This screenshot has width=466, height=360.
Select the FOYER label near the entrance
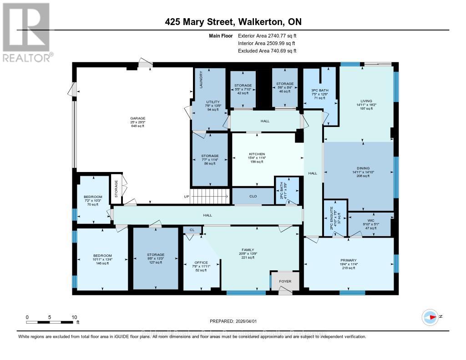285,281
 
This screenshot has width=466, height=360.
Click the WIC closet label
370,219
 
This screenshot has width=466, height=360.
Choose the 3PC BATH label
321,90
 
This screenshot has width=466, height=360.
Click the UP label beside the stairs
186,197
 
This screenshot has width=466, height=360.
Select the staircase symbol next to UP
209,197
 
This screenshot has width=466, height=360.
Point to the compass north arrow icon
430,317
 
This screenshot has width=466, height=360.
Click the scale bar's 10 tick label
74,317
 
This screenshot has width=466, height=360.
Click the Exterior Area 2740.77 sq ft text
267,35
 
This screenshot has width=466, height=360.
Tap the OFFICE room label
201,263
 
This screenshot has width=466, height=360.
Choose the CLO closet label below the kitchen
253,196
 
